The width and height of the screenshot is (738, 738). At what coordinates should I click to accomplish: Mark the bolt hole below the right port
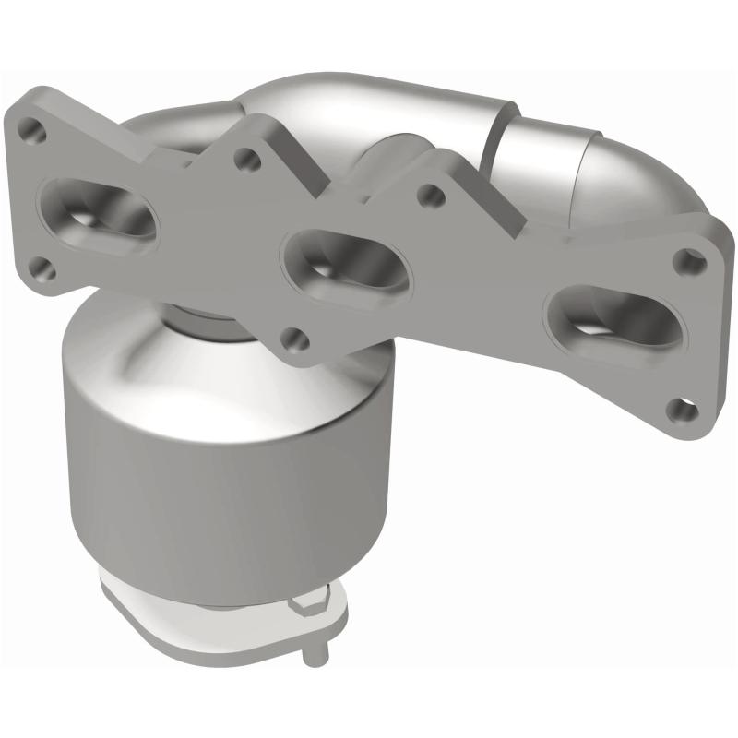pos(683,407)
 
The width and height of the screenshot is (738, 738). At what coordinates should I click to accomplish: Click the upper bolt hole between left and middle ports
pos(246,160)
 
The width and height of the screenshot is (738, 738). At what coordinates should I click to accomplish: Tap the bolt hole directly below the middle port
pos(293,339)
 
